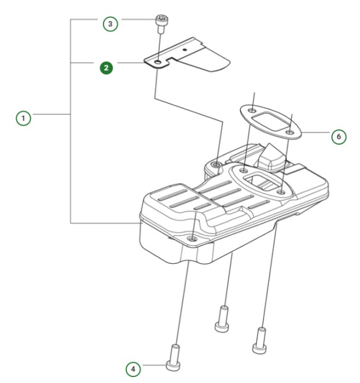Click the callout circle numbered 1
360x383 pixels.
tap(24, 118)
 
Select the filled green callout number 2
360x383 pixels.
tap(107, 68)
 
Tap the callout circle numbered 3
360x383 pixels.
tap(109, 24)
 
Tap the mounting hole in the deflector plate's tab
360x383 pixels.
tap(158, 62)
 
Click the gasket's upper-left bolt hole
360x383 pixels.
tap(253, 111)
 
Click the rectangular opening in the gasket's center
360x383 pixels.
tap(271, 121)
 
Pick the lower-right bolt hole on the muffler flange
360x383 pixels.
tap(281, 192)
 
